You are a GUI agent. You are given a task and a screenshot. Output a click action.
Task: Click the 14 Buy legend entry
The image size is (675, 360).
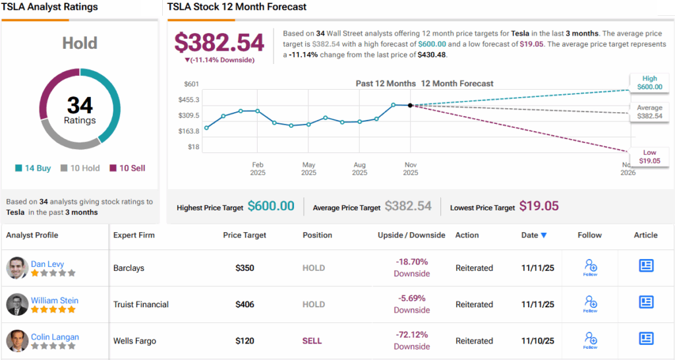point(33,168)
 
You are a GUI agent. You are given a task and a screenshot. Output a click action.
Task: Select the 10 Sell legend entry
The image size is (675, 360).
point(127,168)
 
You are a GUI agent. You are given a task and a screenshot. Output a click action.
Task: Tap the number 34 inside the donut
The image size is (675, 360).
point(80,105)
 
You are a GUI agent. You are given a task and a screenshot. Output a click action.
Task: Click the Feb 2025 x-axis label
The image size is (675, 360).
point(257,168)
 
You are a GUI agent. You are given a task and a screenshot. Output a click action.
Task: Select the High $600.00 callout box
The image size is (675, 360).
point(649,82)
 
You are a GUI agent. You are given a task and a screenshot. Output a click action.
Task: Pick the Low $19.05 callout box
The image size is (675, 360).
point(649,156)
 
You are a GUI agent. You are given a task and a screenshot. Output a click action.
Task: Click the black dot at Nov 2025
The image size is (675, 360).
point(410,105)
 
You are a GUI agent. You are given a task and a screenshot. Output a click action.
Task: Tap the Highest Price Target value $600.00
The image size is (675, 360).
point(271,206)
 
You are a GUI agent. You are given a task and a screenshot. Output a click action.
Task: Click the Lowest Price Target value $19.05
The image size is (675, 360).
point(539,206)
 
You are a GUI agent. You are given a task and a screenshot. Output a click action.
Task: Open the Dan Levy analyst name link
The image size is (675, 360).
point(47,264)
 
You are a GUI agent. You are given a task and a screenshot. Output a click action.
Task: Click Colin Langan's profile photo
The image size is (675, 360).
point(16,341)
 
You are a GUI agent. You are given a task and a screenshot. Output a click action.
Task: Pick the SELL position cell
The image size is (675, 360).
point(313,341)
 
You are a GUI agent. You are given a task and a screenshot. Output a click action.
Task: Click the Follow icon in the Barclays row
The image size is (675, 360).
point(590,266)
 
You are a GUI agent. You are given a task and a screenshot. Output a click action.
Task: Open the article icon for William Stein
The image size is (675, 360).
point(646,303)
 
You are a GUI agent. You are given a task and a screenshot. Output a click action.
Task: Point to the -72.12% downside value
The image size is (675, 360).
point(412,336)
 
